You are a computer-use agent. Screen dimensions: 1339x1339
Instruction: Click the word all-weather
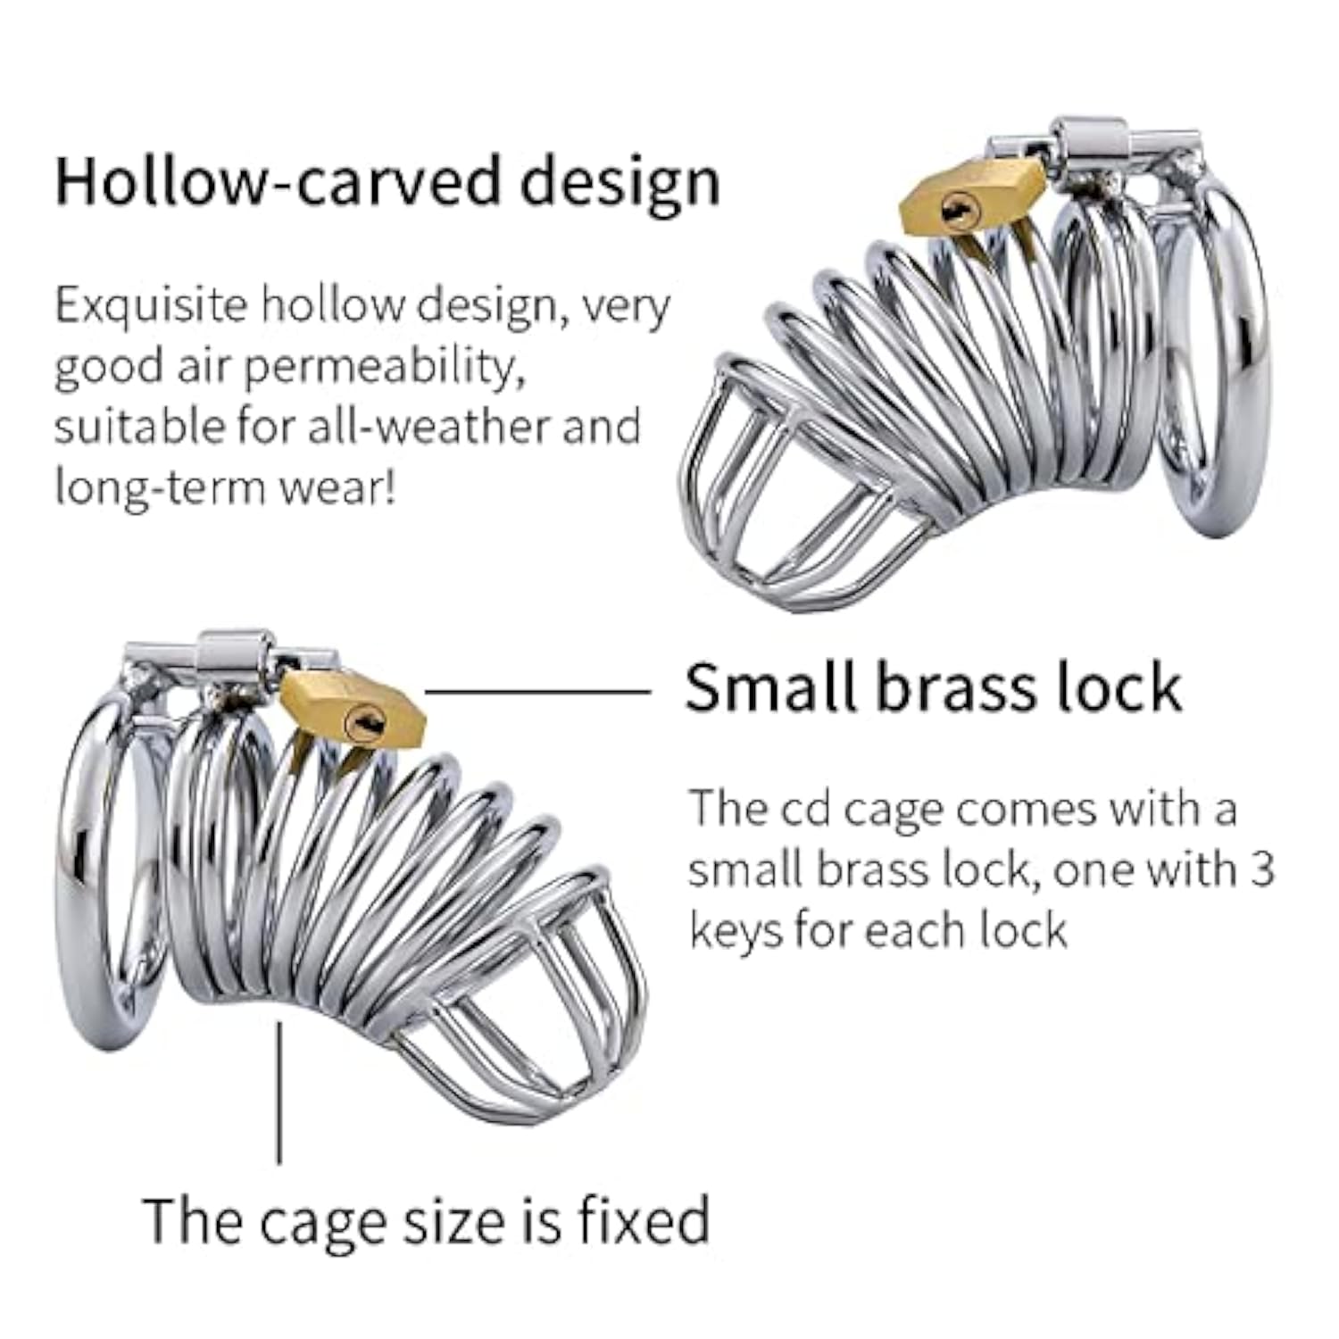tap(427, 427)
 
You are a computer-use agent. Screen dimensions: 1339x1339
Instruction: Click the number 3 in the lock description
tap(1261, 869)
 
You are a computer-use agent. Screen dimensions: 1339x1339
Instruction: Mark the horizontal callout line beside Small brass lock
tap(537, 691)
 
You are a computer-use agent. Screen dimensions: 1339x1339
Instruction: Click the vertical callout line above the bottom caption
tap(279, 1093)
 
